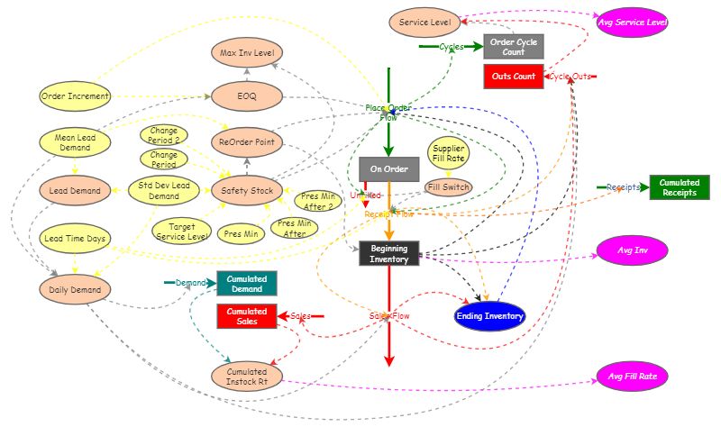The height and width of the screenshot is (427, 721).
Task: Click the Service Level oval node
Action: [x=424, y=21]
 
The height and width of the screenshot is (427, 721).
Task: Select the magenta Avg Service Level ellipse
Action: [x=633, y=23]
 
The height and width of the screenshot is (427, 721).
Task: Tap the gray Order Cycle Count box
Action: [x=513, y=46]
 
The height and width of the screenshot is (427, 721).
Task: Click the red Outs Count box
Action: [x=513, y=77]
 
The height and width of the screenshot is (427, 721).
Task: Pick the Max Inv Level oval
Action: [x=246, y=53]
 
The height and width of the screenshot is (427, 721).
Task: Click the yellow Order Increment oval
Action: [x=75, y=95]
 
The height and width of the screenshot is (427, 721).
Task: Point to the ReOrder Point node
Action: [x=246, y=142]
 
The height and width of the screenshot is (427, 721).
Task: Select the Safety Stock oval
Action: [x=246, y=190]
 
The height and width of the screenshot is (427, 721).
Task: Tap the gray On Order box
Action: [x=389, y=168]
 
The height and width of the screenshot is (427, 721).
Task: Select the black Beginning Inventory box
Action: [x=389, y=253]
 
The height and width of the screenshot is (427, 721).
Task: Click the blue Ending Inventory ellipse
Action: [x=489, y=315]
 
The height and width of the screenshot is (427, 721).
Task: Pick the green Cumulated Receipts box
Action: [x=679, y=187]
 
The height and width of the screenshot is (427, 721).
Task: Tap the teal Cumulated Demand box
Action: [x=246, y=283]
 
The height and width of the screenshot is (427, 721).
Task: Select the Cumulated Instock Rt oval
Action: [x=246, y=377]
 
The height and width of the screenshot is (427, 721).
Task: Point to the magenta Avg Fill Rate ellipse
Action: [x=633, y=377]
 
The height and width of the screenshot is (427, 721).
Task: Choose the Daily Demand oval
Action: [x=75, y=288]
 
